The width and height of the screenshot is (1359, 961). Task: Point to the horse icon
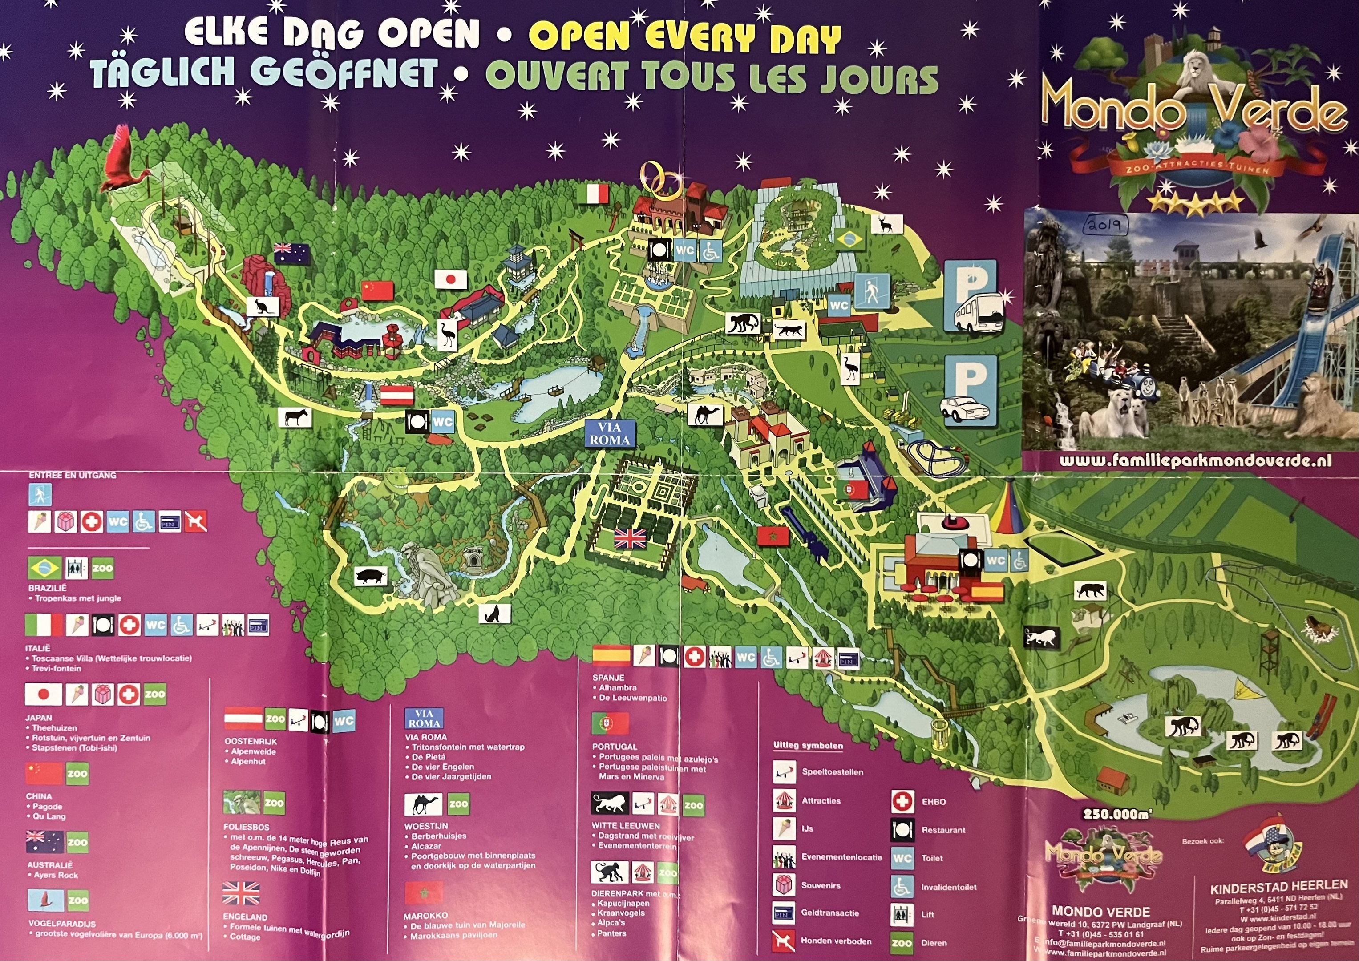(295, 418)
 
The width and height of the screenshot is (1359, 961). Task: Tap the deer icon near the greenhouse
(886, 224)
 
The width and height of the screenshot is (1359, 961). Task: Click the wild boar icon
(371, 575)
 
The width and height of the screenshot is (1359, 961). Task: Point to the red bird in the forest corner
(123, 162)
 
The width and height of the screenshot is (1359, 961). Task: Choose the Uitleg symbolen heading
(808, 746)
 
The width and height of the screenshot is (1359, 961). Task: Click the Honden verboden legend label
(836, 941)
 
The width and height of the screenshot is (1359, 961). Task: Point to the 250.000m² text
(1117, 814)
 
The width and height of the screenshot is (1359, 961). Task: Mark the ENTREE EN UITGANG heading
(72, 475)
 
